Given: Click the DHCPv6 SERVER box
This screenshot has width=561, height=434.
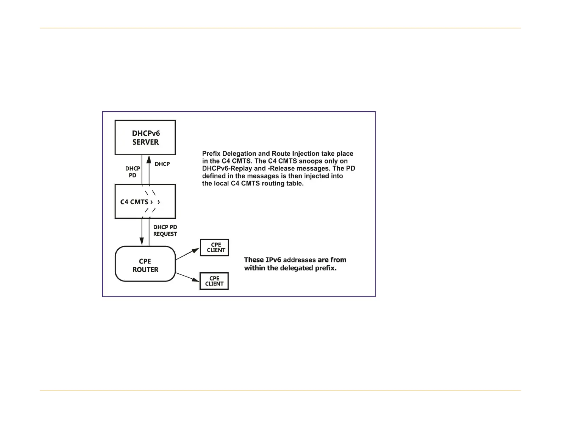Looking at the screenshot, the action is (x=145, y=138).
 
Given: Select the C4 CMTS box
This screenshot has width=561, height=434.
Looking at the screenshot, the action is (x=145, y=201).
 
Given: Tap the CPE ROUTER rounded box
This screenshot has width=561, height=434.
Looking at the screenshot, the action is (x=145, y=264).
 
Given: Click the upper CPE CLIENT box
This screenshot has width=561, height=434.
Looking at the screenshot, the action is (x=214, y=247).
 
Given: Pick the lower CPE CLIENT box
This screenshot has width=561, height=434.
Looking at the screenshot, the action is (x=214, y=281).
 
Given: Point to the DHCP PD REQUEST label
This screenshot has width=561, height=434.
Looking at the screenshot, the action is (x=165, y=230).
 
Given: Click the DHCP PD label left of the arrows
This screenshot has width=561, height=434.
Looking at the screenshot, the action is (x=133, y=172).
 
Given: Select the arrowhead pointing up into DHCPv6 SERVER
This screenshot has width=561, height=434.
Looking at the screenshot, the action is (x=149, y=159).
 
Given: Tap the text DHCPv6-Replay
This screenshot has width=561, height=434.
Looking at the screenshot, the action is (x=223, y=169).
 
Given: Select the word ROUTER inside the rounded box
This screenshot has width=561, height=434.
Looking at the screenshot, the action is (x=145, y=270).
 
